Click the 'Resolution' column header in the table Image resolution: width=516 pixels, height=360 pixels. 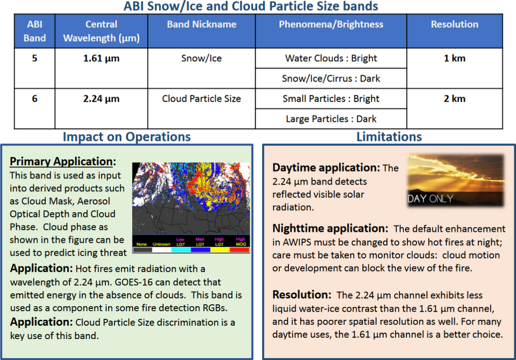(x=454, y=24)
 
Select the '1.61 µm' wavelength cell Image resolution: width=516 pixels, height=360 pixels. (x=101, y=58)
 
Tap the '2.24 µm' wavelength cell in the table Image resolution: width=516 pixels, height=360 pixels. (x=101, y=99)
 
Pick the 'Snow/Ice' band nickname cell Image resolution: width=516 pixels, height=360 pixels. (x=201, y=58)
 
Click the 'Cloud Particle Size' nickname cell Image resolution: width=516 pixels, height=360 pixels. (x=201, y=99)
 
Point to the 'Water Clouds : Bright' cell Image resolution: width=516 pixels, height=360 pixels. (x=331, y=58)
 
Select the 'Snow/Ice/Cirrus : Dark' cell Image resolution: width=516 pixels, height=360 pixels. (x=331, y=79)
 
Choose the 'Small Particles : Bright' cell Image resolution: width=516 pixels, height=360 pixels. (x=331, y=99)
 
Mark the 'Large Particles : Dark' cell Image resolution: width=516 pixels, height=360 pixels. (x=331, y=119)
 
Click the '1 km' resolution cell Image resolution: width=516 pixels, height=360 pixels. (x=454, y=58)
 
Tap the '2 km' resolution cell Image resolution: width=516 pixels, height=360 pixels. (x=454, y=99)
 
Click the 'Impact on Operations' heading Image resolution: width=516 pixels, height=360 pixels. (x=126, y=137)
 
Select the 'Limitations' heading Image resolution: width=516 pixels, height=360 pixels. (x=389, y=137)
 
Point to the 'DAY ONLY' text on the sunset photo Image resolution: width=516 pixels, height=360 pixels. (x=430, y=199)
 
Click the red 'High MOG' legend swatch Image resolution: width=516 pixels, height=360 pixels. (x=240, y=249)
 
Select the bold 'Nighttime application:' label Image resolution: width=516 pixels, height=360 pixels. (x=330, y=228)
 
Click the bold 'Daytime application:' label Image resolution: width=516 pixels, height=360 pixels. (x=326, y=168)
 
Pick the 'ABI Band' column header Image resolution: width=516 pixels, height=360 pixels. (x=35, y=31)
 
